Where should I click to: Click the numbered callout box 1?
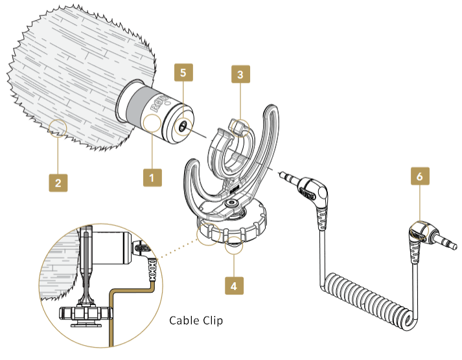pos(152,175)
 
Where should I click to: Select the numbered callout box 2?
pos(58,183)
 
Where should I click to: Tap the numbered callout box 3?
pos(240,75)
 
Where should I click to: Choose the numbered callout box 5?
pos(183,73)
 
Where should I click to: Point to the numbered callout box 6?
pos(421,175)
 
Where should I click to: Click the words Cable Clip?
pos(196,321)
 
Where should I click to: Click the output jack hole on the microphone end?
pos(184,128)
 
